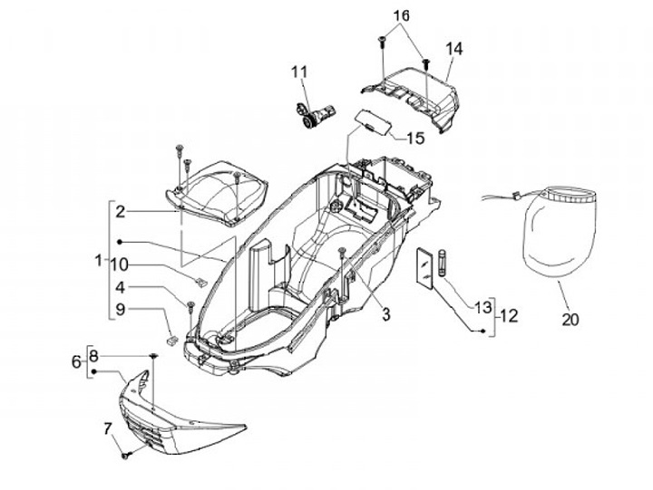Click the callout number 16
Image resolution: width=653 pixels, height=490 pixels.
(x=402, y=16)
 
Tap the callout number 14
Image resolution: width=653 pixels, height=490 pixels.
(x=453, y=48)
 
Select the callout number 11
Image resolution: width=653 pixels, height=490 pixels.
(x=299, y=71)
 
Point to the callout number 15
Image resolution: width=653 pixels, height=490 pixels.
(x=414, y=139)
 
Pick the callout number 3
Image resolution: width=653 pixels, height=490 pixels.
(x=385, y=314)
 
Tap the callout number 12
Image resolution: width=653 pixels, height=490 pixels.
(x=509, y=316)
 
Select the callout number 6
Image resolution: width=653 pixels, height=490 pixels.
(x=76, y=361)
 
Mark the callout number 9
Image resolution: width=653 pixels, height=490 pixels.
(x=120, y=310)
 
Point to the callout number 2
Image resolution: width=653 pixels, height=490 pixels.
(x=120, y=211)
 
